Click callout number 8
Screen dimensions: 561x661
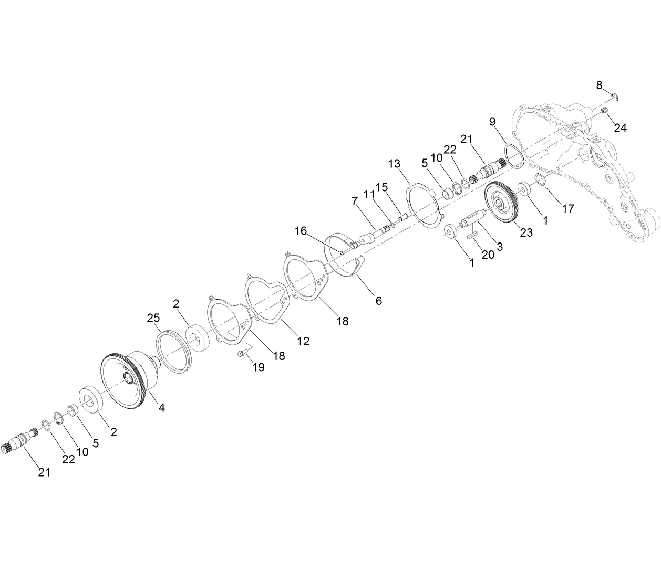(600, 85)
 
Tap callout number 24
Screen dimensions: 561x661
(621, 128)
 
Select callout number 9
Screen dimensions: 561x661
(492, 122)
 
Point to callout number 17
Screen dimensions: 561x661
(568, 208)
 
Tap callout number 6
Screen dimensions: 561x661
(378, 301)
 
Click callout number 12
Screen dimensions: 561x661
(303, 341)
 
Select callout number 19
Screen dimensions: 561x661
(258, 367)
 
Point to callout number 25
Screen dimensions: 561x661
(153, 318)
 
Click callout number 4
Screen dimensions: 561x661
(162, 407)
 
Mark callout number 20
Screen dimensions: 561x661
(488, 255)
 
